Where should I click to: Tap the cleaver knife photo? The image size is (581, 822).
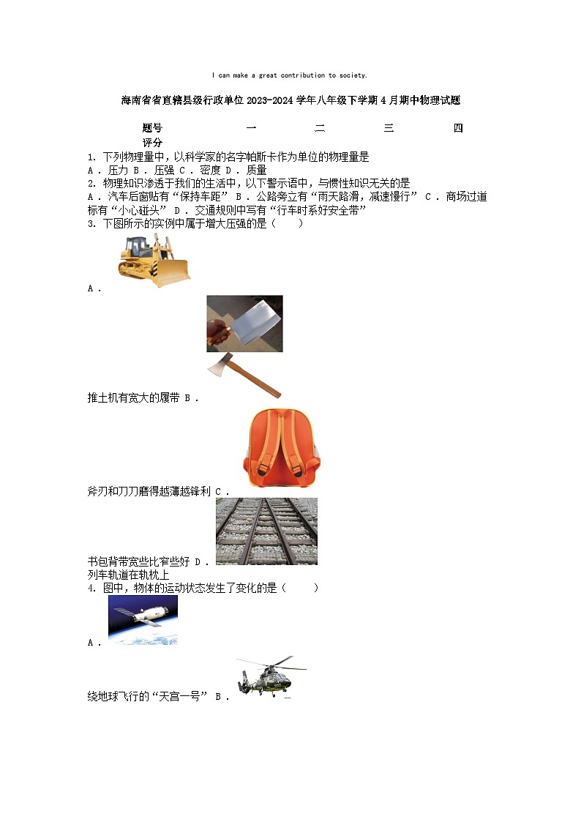pos(244,324)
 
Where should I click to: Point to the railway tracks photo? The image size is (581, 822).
pos(266,531)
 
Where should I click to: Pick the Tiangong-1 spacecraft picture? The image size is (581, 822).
pos(143,619)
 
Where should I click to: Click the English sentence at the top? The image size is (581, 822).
pos(290,75)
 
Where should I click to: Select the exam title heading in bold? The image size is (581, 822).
pos(290,100)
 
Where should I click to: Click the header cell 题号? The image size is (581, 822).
pos(152,129)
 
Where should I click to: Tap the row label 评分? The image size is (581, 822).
pos(152,143)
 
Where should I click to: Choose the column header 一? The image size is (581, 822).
pos(251,129)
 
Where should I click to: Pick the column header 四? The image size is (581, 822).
pos(458,129)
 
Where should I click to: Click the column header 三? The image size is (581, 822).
pos(389,129)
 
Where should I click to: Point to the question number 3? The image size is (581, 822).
pos(90,224)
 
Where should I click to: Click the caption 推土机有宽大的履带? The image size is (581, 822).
pos(133,398)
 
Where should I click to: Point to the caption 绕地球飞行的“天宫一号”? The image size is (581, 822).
pos(148,697)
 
